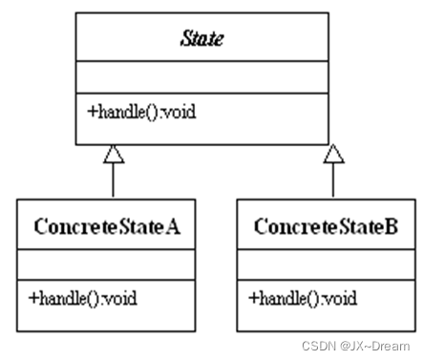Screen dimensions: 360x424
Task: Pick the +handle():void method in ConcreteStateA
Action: tap(83, 298)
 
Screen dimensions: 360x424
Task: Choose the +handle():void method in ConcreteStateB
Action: tap(303, 298)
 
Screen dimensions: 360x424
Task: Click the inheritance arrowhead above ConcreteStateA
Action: tap(113, 153)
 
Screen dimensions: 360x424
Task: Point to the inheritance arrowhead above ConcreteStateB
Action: tap(333, 153)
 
